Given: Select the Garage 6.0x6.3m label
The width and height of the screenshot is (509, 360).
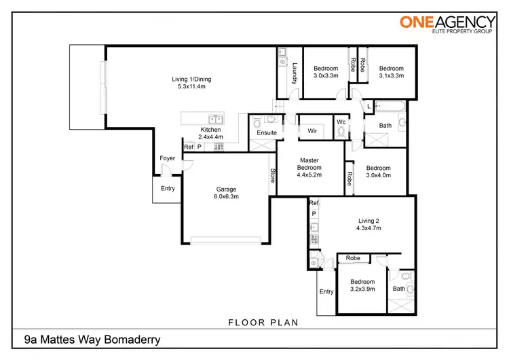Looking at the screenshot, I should click(227, 193).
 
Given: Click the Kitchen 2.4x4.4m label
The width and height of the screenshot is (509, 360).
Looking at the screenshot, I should click(210, 134).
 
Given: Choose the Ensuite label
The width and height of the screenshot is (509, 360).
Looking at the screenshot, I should click(266, 133).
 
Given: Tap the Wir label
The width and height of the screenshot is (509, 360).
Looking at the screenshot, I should click(313, 130).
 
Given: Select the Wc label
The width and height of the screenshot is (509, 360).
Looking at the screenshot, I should click(341, 122).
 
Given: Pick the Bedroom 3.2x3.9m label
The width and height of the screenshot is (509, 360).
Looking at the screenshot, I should click(362, 286).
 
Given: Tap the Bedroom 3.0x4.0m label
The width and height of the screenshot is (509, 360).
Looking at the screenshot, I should click(378, 172).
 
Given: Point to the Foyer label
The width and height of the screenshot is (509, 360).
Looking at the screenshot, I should click(167, 158).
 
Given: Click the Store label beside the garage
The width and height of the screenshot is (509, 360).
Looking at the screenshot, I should click(273, 176).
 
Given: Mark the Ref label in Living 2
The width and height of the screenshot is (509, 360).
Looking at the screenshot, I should click(314, 203).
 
